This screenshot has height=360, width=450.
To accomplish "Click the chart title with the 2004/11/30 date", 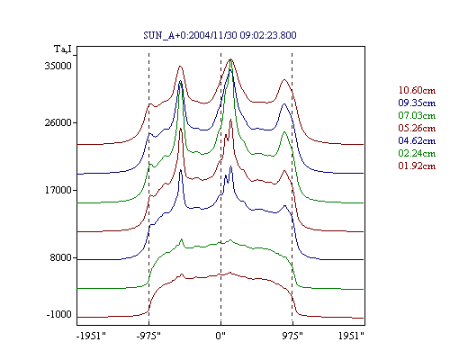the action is click(220, 35).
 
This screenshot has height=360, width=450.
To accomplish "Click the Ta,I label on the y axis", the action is click(63, 49).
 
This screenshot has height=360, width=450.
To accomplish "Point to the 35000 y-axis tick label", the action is click(58, 66).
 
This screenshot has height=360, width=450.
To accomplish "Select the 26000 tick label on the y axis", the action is click(58, 122).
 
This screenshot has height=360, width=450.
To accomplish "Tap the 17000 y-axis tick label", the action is click(58, 190).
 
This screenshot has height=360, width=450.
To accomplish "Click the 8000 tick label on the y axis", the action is click(61, 257).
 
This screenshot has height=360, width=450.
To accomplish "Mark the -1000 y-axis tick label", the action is click(59, 314).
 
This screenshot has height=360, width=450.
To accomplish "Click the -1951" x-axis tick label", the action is click(92, 336).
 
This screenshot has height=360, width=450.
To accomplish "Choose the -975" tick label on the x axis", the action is click(148, 336).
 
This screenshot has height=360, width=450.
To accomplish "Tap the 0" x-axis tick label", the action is click(220, 336).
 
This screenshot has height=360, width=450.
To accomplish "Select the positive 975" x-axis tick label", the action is click(292, 336).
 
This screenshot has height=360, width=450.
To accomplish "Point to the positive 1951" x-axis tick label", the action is click(351, 336).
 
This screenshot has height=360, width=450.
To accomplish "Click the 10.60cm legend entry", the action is click(417, 90).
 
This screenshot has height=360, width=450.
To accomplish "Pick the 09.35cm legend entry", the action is click(417, 103).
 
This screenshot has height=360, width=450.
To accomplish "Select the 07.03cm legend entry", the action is click(417, 115).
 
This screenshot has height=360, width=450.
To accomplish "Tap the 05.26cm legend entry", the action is click(417, 128).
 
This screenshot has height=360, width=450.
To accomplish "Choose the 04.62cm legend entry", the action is click(417, 140).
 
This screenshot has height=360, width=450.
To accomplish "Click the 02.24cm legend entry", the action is click(417, 153).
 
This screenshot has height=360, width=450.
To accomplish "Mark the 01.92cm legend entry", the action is click(417, 166).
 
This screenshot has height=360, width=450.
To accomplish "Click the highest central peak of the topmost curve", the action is click(230, 59).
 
